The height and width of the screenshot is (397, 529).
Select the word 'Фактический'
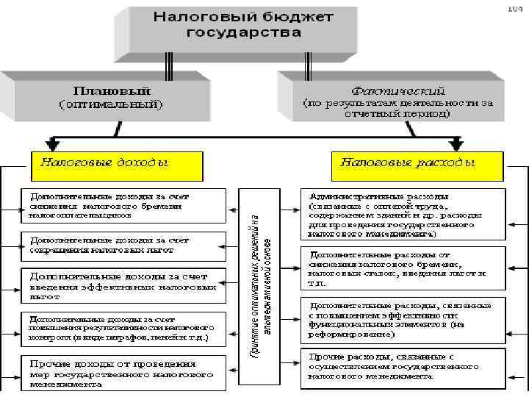[397, 92]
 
